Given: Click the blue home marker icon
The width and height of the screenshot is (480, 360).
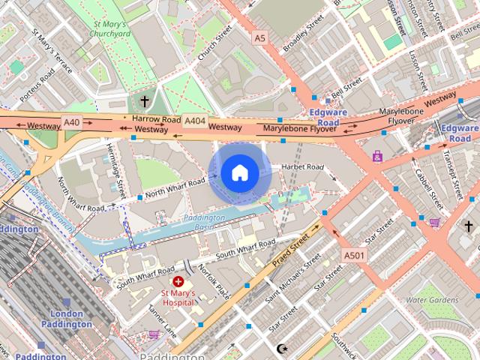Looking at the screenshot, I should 238,172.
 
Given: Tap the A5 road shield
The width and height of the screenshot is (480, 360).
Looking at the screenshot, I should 259,37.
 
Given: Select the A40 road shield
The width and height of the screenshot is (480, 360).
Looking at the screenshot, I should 71,121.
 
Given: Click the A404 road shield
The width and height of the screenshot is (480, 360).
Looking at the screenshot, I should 195,120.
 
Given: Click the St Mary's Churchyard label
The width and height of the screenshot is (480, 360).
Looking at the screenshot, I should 110,28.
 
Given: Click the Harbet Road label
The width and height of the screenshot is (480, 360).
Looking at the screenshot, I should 301,166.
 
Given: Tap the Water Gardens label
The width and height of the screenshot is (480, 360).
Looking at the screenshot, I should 431,300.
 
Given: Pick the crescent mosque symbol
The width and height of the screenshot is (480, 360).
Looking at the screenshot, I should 282,349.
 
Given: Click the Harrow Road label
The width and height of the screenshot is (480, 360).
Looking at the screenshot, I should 156,119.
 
